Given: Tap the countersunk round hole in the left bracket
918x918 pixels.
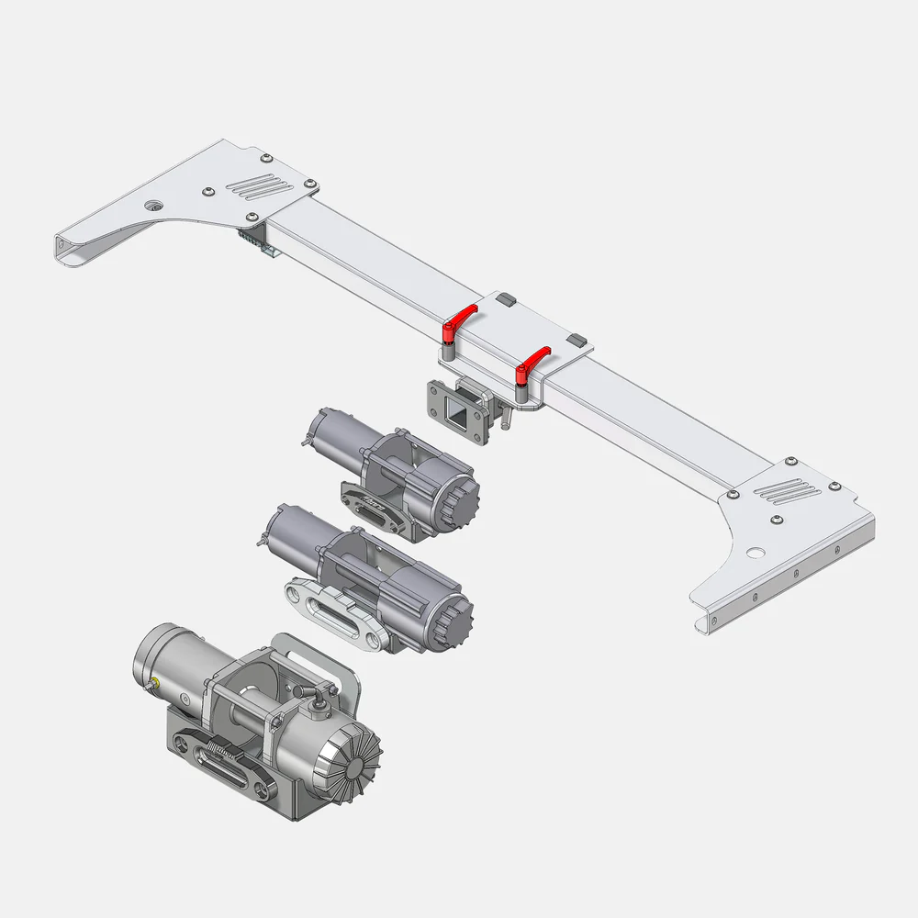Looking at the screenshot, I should [153, 205].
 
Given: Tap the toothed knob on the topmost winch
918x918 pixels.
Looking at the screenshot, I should [464, 502].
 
